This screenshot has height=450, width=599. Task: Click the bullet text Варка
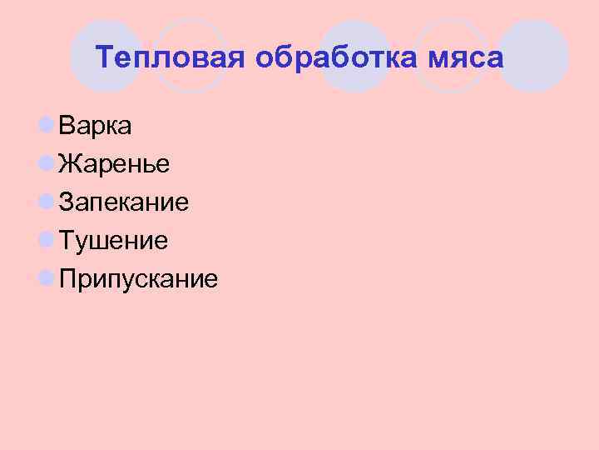point(95,126)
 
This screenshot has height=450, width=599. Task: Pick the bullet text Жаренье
point(115,164)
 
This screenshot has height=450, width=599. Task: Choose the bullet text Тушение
point(114,241)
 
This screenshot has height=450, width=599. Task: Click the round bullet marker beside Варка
point(47,126)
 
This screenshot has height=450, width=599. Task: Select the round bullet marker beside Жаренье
point(47,164)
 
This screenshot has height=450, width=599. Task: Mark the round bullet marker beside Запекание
point(47,202)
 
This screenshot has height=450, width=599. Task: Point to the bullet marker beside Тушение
point(47,241)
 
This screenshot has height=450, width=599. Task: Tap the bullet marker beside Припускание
point(47,279)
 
